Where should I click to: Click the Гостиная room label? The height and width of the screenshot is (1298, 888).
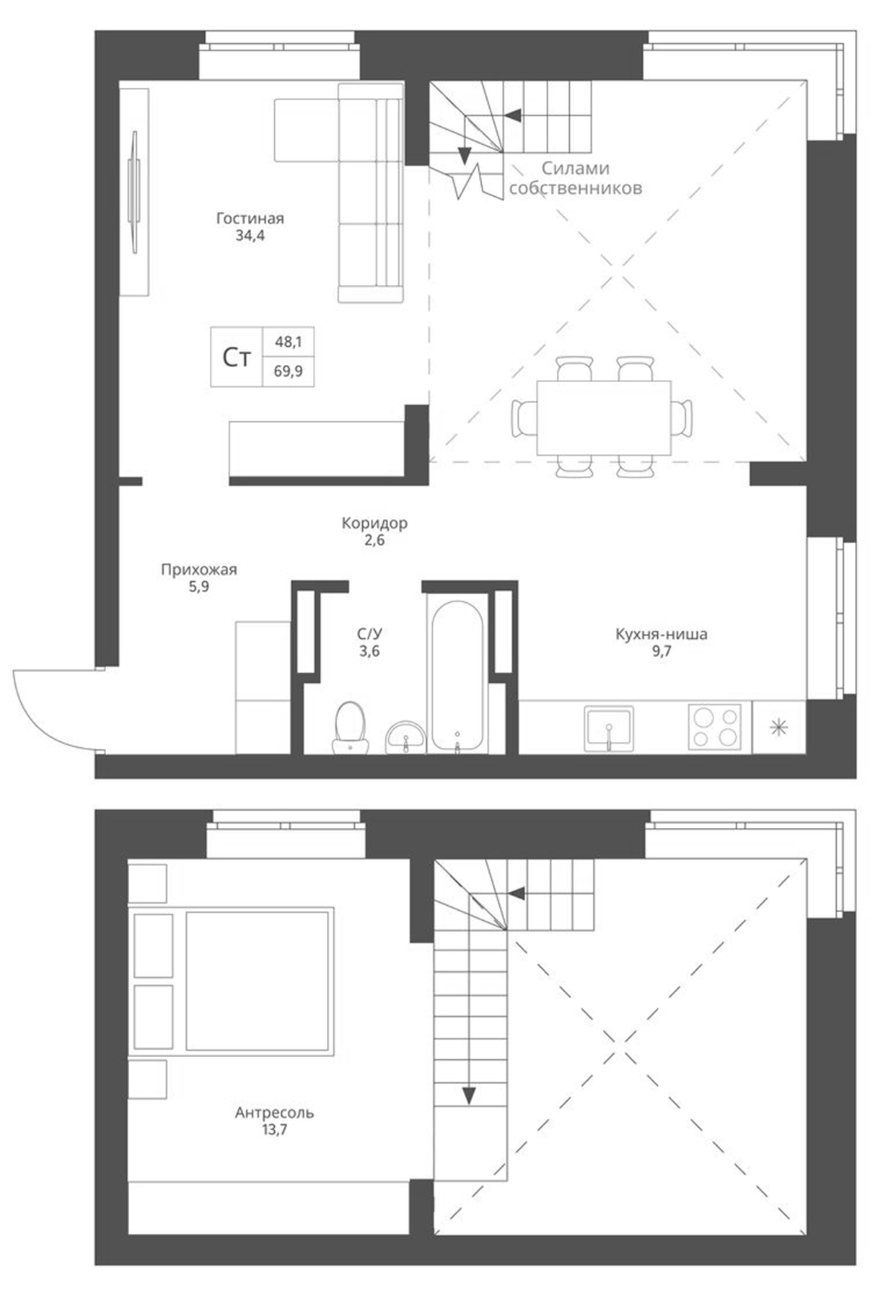(250, 218)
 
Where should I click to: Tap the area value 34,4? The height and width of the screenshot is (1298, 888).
(250, 235)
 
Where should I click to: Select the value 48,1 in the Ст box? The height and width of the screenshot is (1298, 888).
(288, 342)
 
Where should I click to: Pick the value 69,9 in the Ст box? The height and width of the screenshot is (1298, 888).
(288, 372)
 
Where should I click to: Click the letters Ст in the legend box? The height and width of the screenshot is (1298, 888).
(237, 358)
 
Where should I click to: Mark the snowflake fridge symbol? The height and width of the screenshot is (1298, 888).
(778, 728)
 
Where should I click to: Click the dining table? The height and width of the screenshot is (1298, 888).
(604, 418)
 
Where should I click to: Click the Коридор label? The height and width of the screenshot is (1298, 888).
(374, 523)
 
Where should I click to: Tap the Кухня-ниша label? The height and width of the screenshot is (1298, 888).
(661, 635)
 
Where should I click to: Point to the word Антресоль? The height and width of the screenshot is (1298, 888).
(274, 1112)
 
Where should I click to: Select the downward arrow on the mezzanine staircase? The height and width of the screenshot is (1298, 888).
(470, 1095)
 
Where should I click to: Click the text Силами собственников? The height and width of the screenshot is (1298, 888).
(575, 178)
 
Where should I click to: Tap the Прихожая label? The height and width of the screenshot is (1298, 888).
(198, 570)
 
